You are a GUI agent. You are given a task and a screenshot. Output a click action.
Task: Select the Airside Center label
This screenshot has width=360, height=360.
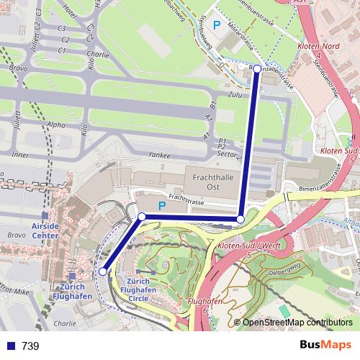click(x=45, y=230)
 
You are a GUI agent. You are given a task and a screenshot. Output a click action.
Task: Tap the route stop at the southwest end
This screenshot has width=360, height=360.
click(x=103, y=271)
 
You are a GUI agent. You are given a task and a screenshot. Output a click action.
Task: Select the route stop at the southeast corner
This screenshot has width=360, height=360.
click(x=240, y=219)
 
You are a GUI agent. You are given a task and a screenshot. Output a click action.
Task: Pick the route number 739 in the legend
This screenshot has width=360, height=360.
click(x=30, y=346)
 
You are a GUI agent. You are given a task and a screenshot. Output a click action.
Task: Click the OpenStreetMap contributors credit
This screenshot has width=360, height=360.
click(x=297, y=323)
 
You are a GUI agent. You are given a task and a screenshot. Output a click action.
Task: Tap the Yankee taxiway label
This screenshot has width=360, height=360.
click(x=158, y=155)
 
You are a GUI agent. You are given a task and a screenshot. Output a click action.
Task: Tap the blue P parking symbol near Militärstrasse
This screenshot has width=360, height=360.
click(x=216, y=25)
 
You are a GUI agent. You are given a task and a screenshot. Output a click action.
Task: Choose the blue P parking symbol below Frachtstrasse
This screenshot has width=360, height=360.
click(x=162, y=206)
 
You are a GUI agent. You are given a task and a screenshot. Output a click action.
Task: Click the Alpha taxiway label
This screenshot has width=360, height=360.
click(x=55, y=124)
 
